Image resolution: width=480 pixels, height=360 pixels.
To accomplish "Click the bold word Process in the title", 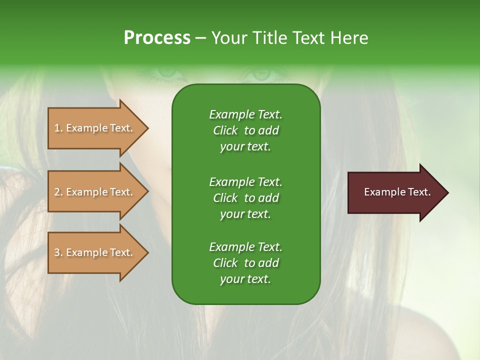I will [157, 38].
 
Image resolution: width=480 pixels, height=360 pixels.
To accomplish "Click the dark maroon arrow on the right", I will [395, 192].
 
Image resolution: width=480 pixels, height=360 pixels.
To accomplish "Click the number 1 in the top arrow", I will [57, 128].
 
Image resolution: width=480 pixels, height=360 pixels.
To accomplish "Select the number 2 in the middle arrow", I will [57, 192].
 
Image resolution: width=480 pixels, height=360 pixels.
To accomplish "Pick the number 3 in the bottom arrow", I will [57, 252].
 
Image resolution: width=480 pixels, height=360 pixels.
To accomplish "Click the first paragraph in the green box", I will [245, 130].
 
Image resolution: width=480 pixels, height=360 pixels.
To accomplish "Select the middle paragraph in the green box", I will [245, 197].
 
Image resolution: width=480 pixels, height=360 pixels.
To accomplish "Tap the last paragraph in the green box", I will [245, 263].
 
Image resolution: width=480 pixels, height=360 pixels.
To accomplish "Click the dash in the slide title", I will [200, 38].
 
